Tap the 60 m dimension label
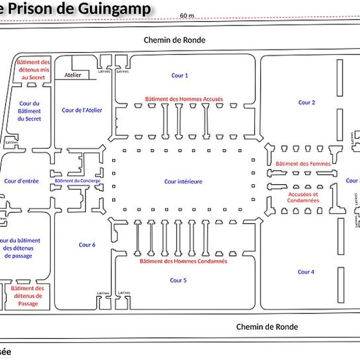coord(187,15)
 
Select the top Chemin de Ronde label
coord(174,40)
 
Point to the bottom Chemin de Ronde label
coord(267,327)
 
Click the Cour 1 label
coord(179,76)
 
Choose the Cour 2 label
coord(307,102)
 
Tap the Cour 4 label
coord(306,272)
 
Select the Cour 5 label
coord(178,280)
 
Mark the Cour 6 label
coord(87,245)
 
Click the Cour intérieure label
coord(183,182)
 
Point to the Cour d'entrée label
coord(21,181)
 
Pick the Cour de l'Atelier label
coord(82,110)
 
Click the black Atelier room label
coord(73,75)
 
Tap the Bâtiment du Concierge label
coord(78,181)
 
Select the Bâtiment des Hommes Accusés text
coord(184,98)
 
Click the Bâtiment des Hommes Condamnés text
coord(184,261)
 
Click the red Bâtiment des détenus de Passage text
coord(28,296)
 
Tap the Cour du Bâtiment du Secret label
coord(29,111)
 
